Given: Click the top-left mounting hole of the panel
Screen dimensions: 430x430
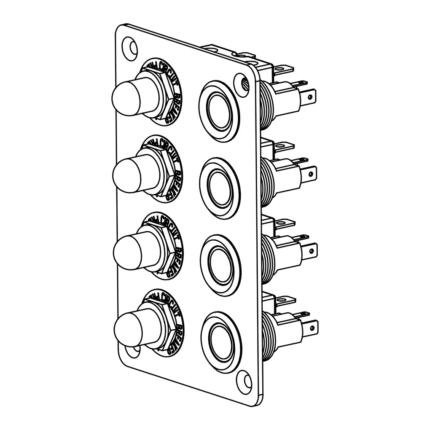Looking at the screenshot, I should pyautogui.click(x=130, y=47).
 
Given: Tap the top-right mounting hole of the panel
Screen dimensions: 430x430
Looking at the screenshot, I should pyautogui.click(x=241, y=81).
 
